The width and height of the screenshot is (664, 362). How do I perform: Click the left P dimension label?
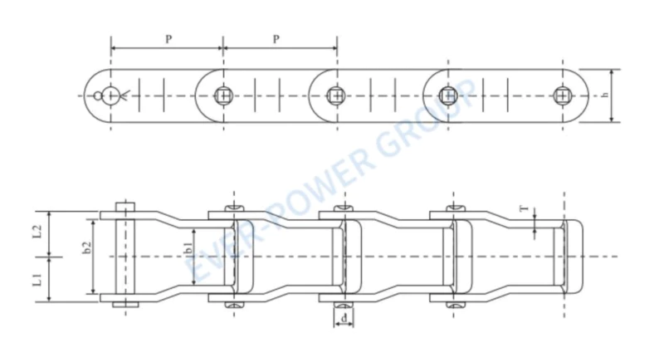coord(168,39)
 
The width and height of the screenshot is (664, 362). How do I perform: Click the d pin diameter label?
coord(344,318)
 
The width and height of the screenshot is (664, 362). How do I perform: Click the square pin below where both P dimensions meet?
coord(223,95)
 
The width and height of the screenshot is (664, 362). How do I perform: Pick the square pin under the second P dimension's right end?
coord(334,95)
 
